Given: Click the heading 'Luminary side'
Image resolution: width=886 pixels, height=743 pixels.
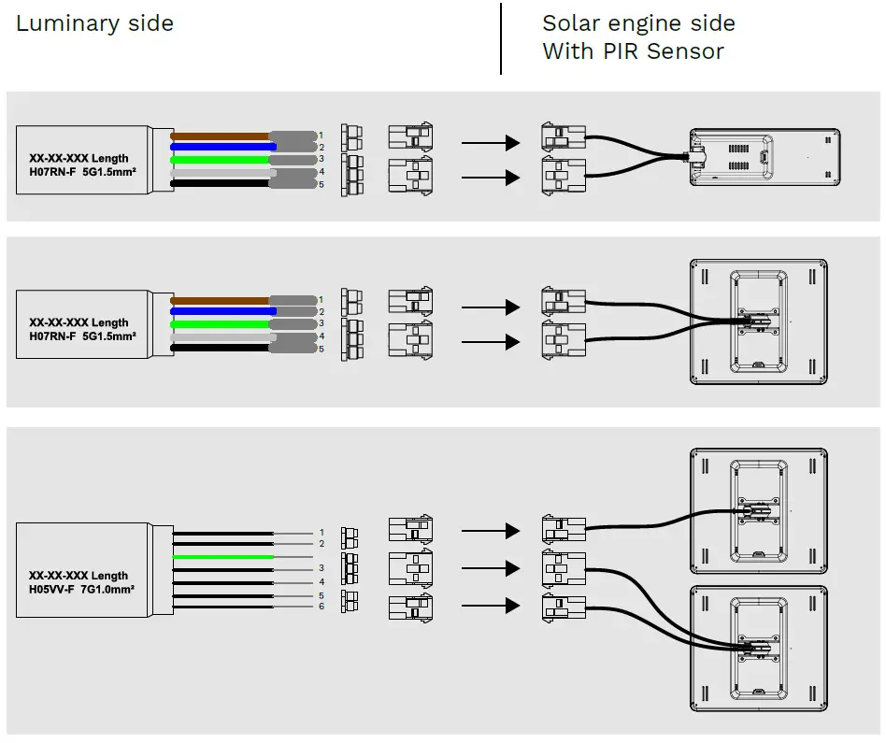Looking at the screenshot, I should tap(94, 24).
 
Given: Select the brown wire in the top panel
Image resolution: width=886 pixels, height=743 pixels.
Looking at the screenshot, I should tap(220, 136).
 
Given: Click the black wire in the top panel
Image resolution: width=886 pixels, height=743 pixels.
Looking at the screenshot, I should tap(220, 184).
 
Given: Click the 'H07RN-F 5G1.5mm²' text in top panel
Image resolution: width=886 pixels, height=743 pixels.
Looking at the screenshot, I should tap(80, 172).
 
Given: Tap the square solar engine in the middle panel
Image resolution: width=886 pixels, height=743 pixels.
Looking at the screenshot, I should tap(758, 322).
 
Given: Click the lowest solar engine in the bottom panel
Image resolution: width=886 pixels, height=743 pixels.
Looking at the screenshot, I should tap(759, 647).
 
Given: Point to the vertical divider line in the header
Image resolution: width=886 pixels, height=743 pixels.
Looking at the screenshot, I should tap(501, 38).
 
